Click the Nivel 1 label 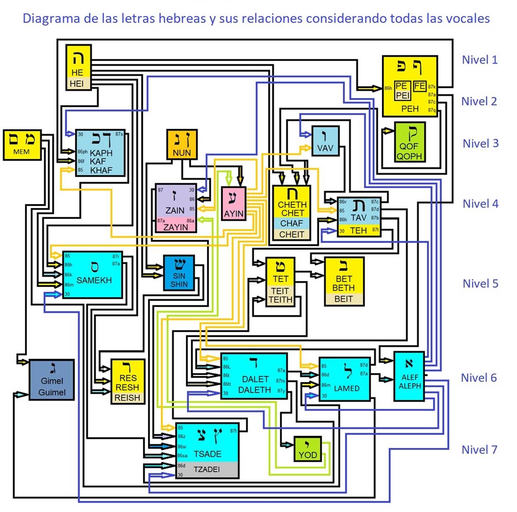(479, 60)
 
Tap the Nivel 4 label (480, 204)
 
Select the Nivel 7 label (479, 450)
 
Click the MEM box (22, 144)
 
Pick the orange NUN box (182, 144)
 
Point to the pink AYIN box (233, 203)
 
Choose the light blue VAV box (325, 141)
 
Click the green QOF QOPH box (409, 142)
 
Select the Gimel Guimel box (52, 380)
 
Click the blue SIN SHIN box (179, 273)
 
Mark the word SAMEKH (94, 280)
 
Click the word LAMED (347, 388)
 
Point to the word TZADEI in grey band (206, 469)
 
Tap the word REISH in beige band (127, 398)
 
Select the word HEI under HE (77, 83)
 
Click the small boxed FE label (420, 86)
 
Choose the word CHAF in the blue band (291, 223)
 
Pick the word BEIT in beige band (343, 299)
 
